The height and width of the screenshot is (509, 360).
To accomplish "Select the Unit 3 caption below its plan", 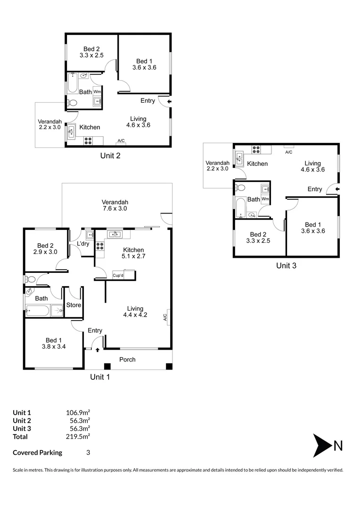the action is click(286, 265).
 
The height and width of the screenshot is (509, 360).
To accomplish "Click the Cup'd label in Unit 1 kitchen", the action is click(118, 274).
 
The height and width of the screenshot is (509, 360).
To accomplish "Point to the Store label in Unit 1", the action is click(74, 305).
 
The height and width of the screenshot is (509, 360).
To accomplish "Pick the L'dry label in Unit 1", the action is click(83, 244).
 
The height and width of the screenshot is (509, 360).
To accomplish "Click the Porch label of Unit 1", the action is click(127, 360).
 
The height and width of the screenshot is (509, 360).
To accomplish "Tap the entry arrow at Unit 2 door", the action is click(169, 101).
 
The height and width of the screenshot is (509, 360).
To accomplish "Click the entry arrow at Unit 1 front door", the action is click(98, 350).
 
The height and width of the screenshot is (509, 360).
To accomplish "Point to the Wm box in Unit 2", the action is click(97, 91).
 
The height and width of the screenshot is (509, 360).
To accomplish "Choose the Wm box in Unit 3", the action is click(265, 199).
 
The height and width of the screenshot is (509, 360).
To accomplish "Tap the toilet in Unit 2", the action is click(72, 103).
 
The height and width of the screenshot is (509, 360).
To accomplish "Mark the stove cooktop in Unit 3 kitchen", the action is click(256, 149).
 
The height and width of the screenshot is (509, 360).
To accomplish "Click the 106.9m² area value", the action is click(78, 413).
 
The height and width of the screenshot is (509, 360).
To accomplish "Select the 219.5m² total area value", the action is click(78, 436).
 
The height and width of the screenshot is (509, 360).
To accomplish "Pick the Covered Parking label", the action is click(37, 452).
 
